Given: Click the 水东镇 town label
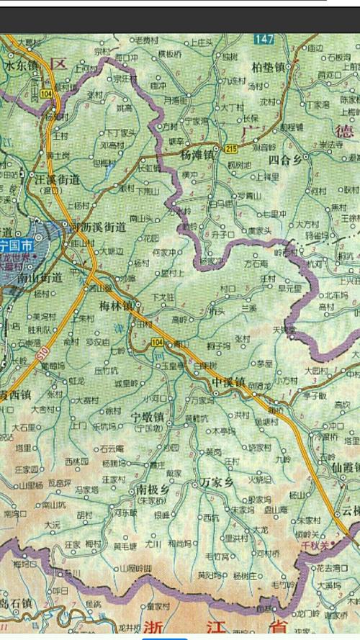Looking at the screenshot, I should [x=21, y=64].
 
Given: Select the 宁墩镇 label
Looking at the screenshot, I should [x=145, y=417].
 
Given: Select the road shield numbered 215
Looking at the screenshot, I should [x=230, y=149].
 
